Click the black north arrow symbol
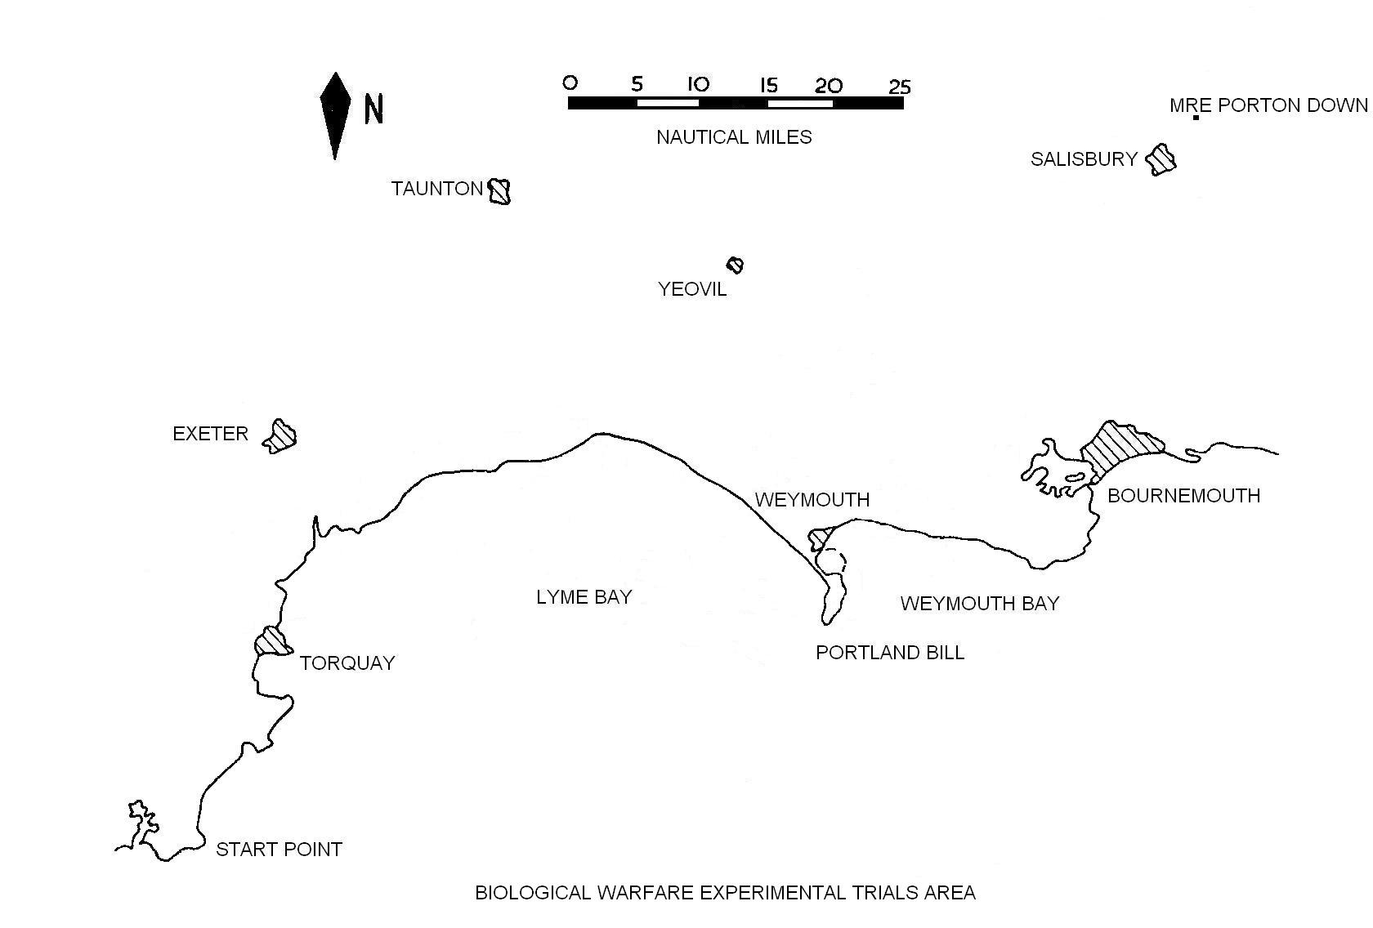(335, 114)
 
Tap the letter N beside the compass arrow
(373, 109)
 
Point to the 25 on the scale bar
(899, 86)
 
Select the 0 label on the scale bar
(570, 83)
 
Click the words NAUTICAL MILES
(734, 137)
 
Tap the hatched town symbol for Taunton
(499, 191)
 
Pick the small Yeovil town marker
(736, 265)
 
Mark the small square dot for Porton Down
(1196, 118)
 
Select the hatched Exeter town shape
(280, 436)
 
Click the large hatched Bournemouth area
(1118, 447)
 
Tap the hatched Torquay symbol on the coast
(271, 641)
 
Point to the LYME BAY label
(584, 597)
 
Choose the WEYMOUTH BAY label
(979, 604)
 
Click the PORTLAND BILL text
(890, 653)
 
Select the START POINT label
(279, 850)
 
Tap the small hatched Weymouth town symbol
(820, 539)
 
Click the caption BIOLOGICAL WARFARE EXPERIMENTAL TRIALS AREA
(725, 893)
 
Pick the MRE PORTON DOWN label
(1268, 105)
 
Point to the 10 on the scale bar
(698, 84)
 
